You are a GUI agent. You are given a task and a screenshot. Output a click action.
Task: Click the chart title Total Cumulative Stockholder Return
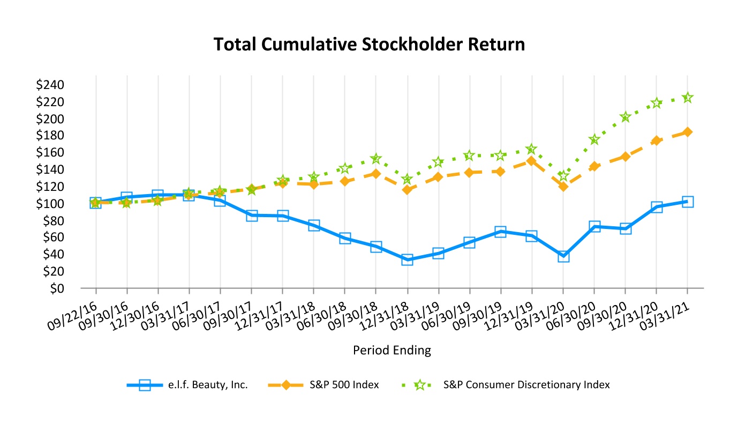(x=369, y=45)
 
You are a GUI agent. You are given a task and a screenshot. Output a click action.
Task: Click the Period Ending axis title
(x=392, y=351)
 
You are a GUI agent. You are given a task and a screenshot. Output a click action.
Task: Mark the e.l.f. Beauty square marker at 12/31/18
(x=407, y=260)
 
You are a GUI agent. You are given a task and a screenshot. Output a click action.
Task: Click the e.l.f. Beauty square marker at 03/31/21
(x=688, y=202)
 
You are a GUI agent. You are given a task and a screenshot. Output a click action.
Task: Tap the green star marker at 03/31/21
(x=688, y=98)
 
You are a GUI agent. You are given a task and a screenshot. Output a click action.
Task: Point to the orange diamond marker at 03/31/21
(x=688, y=132)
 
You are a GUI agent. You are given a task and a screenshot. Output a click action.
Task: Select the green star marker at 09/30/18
(x=376, y=159)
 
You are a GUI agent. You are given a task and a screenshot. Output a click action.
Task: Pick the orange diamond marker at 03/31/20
(x=563, y=187)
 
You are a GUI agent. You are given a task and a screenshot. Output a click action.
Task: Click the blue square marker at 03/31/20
(x=563, y=256)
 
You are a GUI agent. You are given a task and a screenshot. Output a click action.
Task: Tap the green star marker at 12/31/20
(x=657, y=103)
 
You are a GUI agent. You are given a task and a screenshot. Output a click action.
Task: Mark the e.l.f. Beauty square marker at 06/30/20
(x=594, y=227)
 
